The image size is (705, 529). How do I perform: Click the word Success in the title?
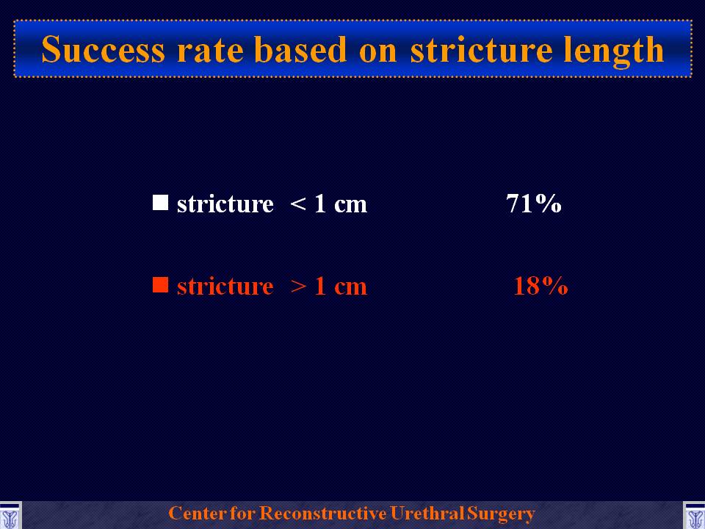click(104, 49)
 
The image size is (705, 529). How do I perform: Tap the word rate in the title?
click(211, 51)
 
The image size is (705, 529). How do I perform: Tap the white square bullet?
click(161, 203)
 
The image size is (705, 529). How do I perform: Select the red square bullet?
click(161, 285)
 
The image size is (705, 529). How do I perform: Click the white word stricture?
click(225, 204)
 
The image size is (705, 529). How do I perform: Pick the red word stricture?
click(225, 286)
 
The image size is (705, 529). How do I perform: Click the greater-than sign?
click(298, 287)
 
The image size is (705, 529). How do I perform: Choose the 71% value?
click(534, 204)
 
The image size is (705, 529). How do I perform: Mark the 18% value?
click(540, 285)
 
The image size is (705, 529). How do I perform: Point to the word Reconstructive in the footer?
click(323, 514)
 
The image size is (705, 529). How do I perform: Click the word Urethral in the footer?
click(427, 514)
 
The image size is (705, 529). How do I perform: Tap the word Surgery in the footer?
click(501, 514)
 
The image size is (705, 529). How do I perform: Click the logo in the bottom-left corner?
click(10, 516)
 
